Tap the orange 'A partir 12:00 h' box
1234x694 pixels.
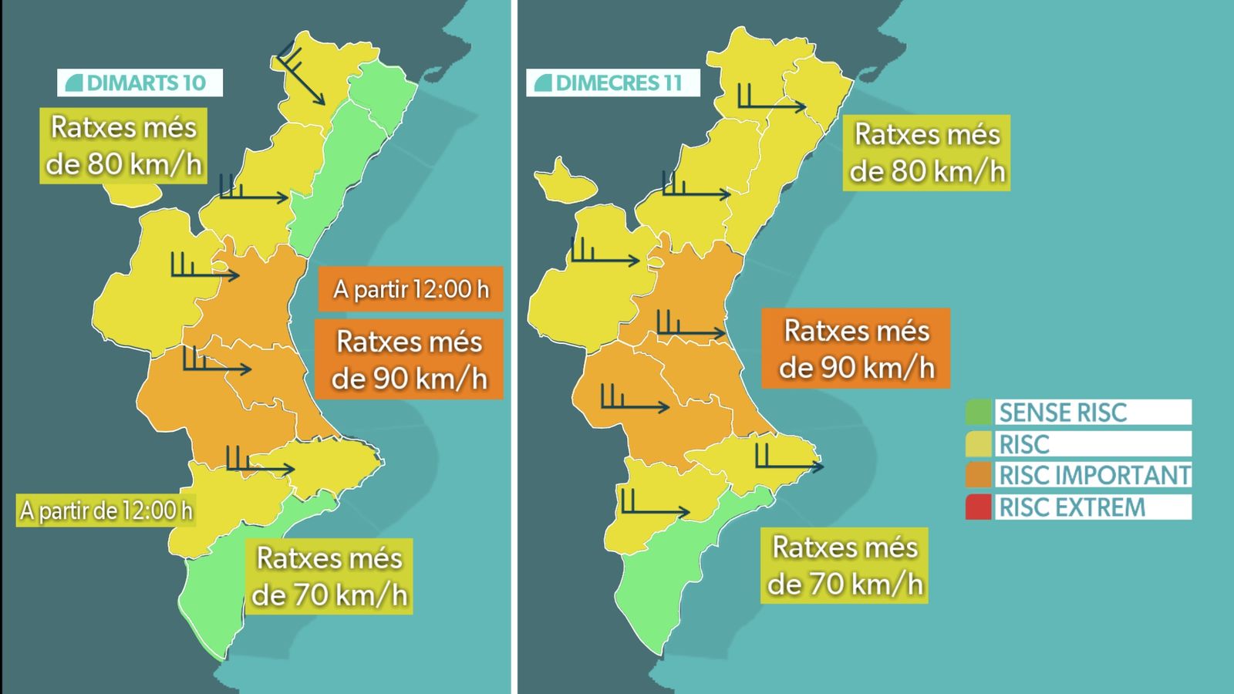coord(410,289)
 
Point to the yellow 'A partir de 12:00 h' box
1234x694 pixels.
coord(106,510)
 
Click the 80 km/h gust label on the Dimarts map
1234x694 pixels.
coord(123,146)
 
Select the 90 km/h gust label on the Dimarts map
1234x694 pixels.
coord(410,360)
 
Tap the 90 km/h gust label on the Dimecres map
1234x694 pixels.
coord(856,349)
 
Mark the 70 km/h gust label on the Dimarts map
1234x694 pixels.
coord(329,576)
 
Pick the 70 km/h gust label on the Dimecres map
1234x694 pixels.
coord(845,565)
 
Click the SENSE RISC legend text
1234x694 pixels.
coord(1063,413)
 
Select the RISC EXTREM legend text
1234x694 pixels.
coord(1072,507)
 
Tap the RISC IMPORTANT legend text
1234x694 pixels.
coord(1094,475)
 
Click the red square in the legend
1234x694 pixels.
coord(978,507)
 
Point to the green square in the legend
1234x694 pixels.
coord(978,413)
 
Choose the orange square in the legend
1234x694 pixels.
coord(978,475)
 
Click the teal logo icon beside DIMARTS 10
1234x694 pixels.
coord(74,83)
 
